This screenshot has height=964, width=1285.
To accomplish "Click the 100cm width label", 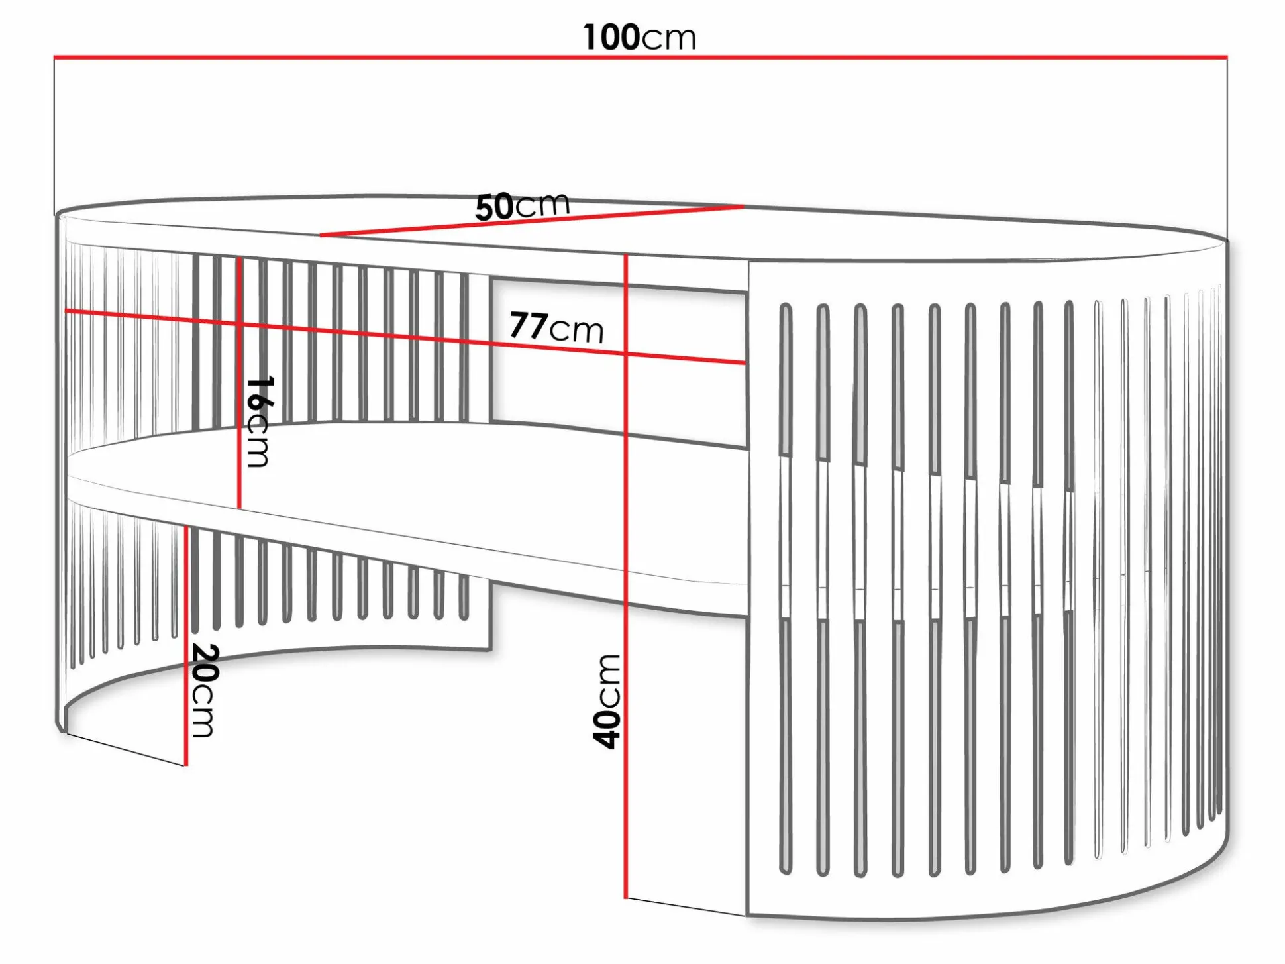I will pos(639,37).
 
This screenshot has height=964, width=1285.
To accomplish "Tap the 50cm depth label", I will pos(522,206).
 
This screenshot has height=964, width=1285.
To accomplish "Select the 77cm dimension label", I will pos(556,327).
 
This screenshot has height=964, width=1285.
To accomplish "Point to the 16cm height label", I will pos(258,422).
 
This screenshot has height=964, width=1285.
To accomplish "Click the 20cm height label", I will pos(203,690).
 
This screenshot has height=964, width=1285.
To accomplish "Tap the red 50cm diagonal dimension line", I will pos(530,221).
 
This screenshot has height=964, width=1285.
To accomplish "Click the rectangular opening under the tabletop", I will pos(619,358).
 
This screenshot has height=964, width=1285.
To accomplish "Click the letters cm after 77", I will pos(576,330).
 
